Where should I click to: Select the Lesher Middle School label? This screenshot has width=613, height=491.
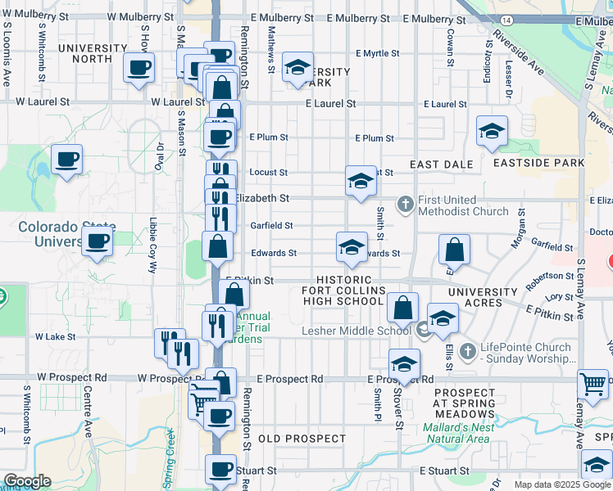pos(356,331)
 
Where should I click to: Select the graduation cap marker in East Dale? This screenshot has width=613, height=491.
pos(492,131)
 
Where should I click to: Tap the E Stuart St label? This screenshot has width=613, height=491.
pos(443,471)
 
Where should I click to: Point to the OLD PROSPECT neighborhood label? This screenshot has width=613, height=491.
pos(302,439)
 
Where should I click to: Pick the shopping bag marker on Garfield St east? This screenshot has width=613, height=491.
pos(454,250)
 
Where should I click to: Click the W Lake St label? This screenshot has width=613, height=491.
pos(55,336)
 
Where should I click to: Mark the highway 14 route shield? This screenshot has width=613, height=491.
pos(506,19)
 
